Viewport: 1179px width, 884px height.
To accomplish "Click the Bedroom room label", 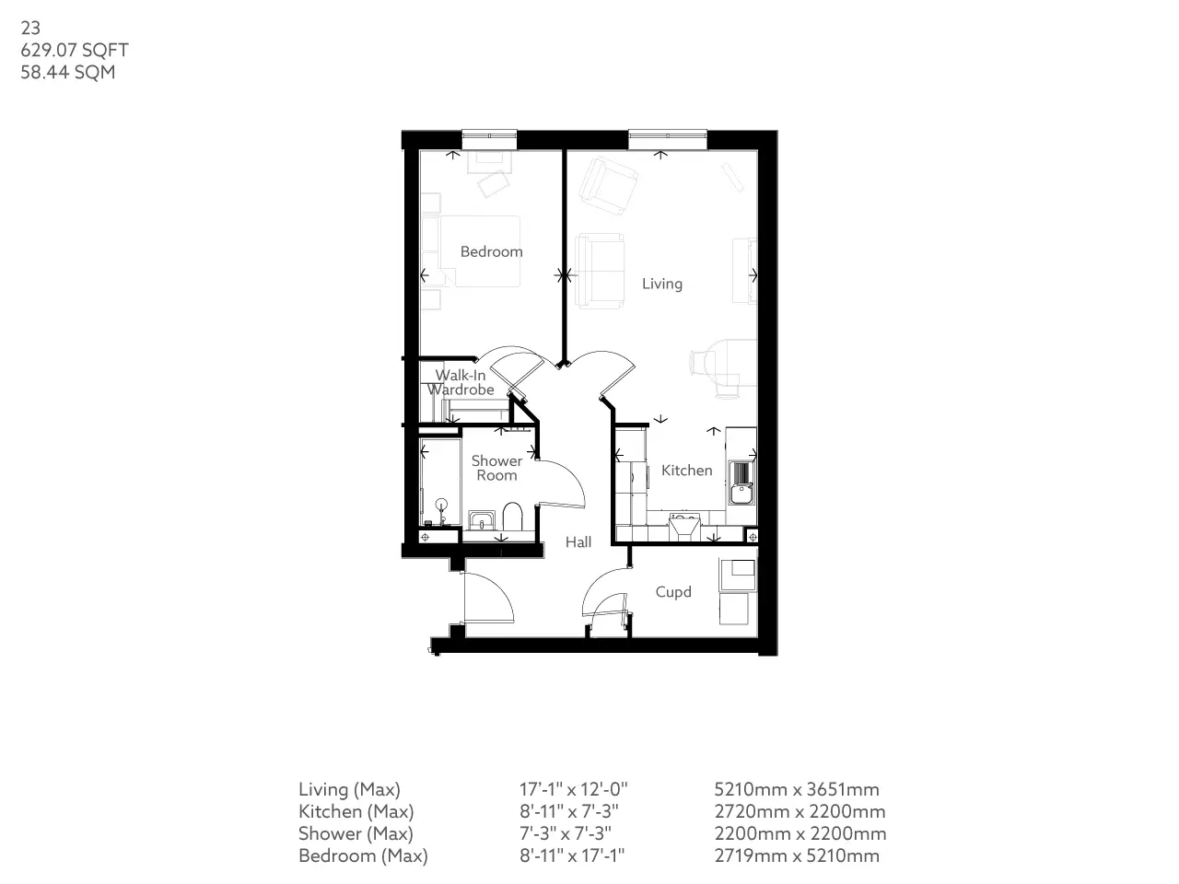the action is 491,251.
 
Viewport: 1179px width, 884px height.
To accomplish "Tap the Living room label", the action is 661,284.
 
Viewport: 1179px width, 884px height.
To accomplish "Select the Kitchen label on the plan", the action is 686,471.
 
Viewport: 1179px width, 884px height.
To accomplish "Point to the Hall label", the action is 578,542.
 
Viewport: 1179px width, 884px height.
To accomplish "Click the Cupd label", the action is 673,592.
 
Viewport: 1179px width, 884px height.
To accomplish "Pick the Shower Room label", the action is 496,468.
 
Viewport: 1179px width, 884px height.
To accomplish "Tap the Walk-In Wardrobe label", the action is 461,382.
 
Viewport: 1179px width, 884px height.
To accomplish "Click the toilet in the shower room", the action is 512,517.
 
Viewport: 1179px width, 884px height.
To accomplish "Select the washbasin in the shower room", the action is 482,520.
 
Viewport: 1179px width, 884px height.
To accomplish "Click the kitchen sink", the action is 741,483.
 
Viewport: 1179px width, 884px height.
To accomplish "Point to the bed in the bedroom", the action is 479,251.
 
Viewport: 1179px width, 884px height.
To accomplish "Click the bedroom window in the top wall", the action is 489,140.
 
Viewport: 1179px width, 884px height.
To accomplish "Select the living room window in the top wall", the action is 668,140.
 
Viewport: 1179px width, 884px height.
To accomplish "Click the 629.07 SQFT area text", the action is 75,50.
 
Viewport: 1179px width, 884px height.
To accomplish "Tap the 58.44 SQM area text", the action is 68,72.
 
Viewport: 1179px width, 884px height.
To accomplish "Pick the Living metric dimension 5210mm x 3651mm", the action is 797,789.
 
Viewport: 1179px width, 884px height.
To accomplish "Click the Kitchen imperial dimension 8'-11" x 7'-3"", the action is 569,811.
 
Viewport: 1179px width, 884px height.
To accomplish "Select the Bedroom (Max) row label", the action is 363,855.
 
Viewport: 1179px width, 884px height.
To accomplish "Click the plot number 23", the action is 30,28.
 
